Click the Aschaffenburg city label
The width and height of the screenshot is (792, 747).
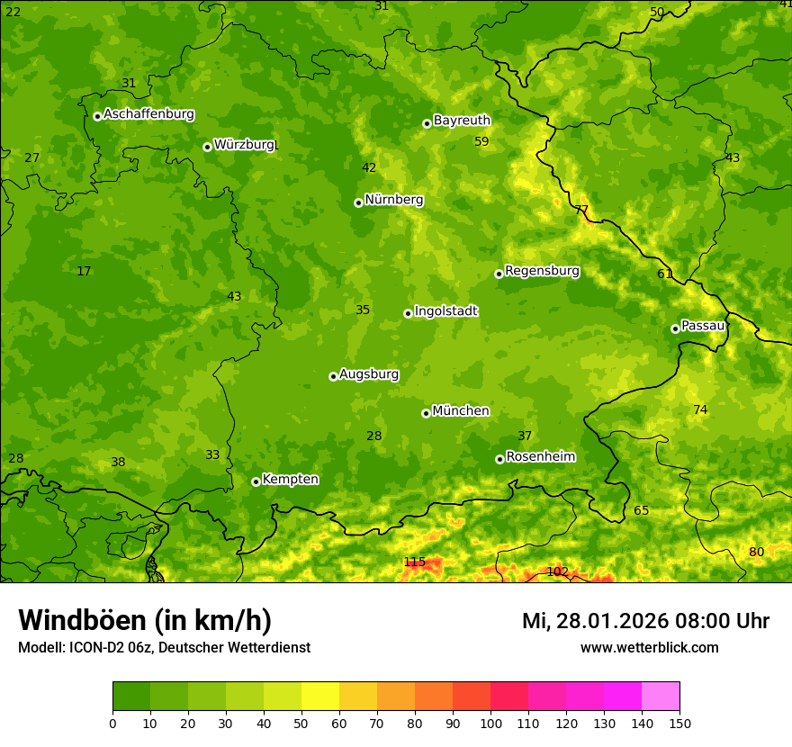[148, 114]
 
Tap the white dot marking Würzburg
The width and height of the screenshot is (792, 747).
[207, 147]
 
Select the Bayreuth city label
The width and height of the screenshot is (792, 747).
[462, 121]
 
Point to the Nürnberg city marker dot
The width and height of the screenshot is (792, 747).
[358, 202]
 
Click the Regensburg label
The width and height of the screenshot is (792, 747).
[542, 271]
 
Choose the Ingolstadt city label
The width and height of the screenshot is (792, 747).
[445, 311]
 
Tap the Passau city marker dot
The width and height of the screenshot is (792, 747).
[675, 328]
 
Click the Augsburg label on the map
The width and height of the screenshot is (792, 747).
[369, 374]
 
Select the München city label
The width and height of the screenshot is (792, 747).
[461, 411]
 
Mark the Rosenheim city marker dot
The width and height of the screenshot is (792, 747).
[499, 459]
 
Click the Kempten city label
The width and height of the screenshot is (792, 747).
[290, 480]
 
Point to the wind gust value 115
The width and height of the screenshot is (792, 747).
[414, 562]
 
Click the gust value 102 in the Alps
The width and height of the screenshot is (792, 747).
[557, 571]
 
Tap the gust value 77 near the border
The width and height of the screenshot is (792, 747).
[581, 210]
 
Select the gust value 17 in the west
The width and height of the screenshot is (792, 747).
[84, 272]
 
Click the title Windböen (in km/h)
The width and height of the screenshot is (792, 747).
[145, 620]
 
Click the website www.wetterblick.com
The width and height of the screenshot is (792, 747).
[649, 648]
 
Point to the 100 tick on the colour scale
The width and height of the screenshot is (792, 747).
[490, 723]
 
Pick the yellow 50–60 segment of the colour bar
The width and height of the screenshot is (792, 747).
[320, 697]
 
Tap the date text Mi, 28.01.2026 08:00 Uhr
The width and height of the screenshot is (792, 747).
[645, 621]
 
